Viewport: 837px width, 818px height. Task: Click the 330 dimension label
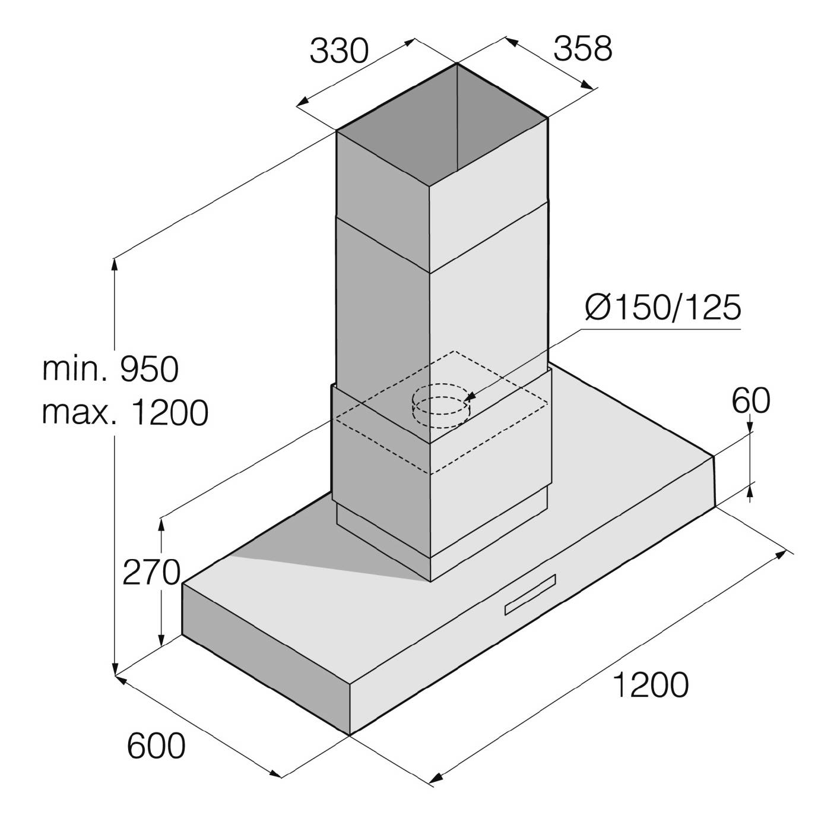click(x=339, y=51)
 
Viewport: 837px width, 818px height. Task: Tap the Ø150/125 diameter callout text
click(x=663, y=307)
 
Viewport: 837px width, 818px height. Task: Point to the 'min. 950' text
click(x=110, y=369)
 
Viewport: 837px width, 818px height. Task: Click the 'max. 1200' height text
click(x=125, y=412)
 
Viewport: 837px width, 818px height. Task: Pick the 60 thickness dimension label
click(x=751, y=400)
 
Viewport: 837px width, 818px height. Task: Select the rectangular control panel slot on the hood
click(x=530, y=595)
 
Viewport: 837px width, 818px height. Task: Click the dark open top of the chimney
click(x=442, y=125)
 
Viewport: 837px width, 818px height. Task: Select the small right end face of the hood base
click(x=714, y=481)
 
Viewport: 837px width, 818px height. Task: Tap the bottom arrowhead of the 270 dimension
click(x=161, y=640)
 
